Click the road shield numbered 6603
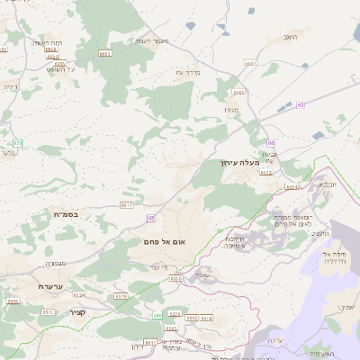coord(104,54)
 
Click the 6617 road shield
coord(127,205)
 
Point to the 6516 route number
coord(121,296)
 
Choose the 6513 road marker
coord(49,311)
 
